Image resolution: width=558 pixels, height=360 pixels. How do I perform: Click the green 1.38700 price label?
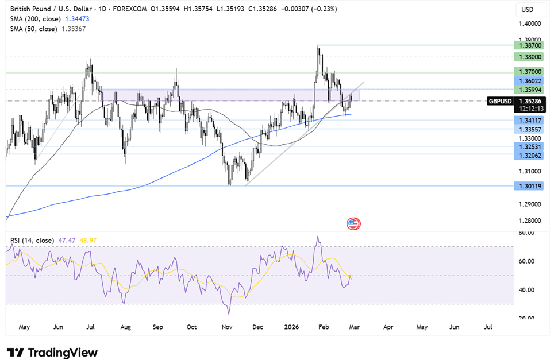point(529,45)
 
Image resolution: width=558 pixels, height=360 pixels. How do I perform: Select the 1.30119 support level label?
point(529,186)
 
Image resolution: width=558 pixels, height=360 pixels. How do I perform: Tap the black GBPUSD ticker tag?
point(500,102)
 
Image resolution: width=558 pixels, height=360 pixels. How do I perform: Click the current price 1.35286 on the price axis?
point(530,102)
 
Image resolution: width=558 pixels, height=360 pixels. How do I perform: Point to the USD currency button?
point(528,10)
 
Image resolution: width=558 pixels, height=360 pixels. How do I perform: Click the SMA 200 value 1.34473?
point(77,19)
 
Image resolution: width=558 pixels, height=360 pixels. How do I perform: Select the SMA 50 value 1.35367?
point(74,29)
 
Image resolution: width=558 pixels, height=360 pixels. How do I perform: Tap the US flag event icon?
point(353,224)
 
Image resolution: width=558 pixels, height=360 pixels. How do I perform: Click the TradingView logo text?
point(52,353)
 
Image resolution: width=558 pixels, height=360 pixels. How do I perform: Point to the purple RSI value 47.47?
point(67,241)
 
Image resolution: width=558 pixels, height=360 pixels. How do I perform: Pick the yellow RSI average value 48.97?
point(88,241)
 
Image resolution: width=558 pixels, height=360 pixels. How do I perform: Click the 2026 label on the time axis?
point(291,327)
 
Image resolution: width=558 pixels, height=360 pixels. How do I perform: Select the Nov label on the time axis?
point(226,327)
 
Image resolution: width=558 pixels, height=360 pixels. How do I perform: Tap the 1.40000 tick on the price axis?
point(530,24)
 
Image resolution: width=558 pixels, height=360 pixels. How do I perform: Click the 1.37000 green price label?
point(529,72)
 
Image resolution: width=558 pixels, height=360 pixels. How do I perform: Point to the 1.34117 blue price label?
point(529,121)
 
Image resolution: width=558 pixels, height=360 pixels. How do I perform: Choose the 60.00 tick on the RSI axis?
point(526,261)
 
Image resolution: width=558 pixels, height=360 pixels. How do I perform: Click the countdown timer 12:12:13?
point(532,109)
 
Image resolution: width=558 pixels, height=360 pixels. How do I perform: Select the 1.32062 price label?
point(529,156)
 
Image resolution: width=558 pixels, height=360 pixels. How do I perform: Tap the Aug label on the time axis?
point(126,327)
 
